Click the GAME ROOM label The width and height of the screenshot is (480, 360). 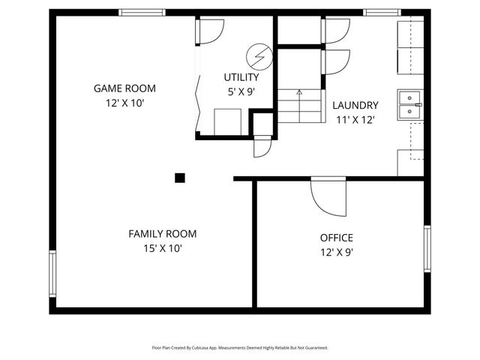coord(124,88)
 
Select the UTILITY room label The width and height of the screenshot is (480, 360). coord(241,77)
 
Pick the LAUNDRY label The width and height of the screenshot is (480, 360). coord(355,105)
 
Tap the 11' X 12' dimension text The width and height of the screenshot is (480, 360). coord(355,119)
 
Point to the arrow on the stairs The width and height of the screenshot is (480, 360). coord(299,93)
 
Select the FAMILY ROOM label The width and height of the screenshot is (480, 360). coord(162,234)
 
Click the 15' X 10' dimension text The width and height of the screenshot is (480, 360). coord(162,248)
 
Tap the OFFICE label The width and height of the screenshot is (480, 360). coord(337,238)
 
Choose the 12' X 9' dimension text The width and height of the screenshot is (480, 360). coord(337,253)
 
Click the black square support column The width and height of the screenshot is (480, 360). coord(180,178)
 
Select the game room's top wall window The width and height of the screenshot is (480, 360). coord(142,13)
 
